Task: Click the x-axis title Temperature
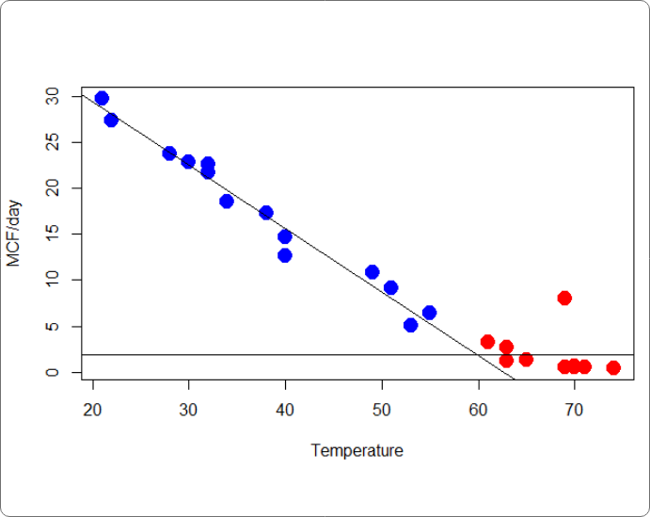357,451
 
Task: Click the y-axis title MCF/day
14,234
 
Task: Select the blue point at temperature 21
102,98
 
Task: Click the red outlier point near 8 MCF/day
564,298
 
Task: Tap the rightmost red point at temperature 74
613,367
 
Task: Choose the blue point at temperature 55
429,313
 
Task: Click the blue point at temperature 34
227,201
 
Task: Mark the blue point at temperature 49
372,272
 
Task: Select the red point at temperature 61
487,342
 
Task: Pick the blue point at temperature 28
169,153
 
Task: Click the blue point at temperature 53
410,325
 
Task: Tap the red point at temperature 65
526,359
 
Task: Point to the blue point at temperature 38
266,213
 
